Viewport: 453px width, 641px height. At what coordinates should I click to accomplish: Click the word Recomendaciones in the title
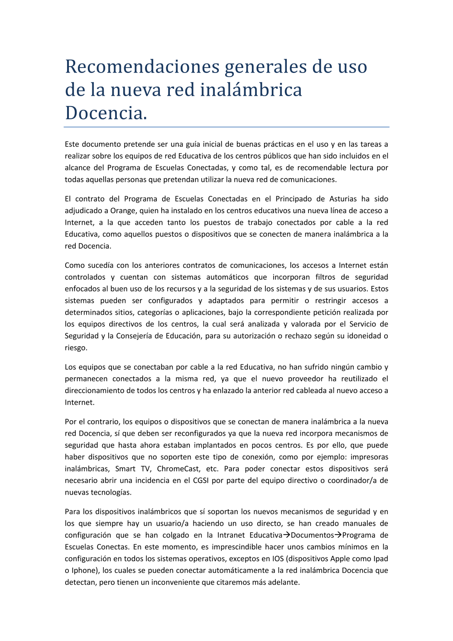[x=142, y=67]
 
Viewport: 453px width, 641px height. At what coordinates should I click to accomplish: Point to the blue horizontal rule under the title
[x=226, y=127]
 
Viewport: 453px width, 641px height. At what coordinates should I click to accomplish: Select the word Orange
[x=123, y=211]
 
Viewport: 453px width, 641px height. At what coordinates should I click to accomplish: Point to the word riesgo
[x=76, y=348]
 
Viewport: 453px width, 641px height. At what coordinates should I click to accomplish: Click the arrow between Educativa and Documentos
[x=287, y=535]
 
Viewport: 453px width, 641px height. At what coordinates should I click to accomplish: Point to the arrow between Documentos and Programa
[x=338, y=535]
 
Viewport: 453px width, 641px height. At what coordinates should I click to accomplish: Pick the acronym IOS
[x=278, y=559]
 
